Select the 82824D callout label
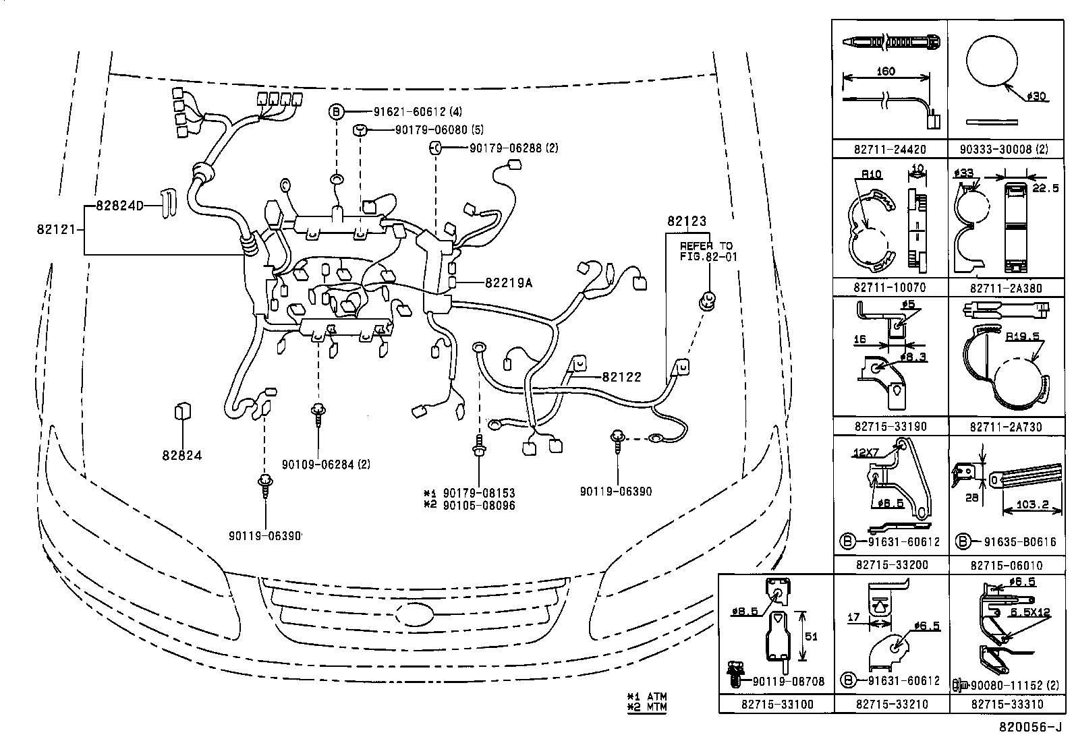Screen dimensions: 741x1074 119,206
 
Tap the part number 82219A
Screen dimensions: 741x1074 508,283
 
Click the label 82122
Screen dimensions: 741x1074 621,378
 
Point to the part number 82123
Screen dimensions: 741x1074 687,220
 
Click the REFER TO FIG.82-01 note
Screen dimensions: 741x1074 706,251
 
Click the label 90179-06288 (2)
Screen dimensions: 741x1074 514,148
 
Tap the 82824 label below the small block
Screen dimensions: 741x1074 181,455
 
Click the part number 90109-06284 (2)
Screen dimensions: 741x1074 326,464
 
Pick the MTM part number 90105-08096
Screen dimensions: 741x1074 479,505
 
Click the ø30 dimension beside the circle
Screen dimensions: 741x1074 1036,97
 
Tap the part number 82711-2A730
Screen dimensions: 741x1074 1006,427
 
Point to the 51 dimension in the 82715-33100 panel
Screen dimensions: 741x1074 811,636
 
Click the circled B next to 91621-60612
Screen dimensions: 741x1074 336,112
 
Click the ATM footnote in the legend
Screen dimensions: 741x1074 647,696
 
